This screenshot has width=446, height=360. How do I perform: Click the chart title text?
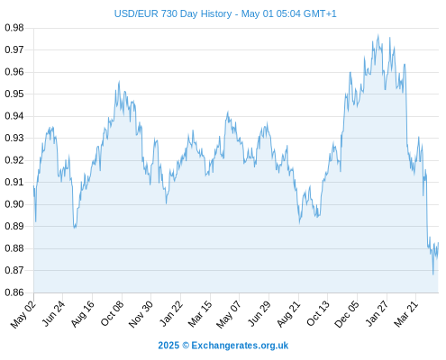(225, 13)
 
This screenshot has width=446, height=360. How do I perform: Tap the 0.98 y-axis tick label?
(14, 28)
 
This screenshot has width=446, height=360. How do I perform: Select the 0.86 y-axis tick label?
(14, 292)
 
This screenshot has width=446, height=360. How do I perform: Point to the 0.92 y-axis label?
(14, 160)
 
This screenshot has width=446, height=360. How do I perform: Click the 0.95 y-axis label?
(14, 94)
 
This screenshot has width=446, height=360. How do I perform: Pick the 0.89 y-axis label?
(14, 226)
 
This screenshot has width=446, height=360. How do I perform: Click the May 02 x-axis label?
(23, 314)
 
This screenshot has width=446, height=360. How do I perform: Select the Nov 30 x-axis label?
(141, 314)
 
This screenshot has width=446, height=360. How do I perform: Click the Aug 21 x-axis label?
(288, 314)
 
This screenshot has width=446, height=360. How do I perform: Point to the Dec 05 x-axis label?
(347, 314)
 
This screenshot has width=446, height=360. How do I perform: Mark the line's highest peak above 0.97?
(378, 35)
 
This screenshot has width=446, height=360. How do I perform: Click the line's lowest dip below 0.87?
(433, 274)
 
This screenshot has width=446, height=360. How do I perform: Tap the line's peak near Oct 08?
(119, 81)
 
